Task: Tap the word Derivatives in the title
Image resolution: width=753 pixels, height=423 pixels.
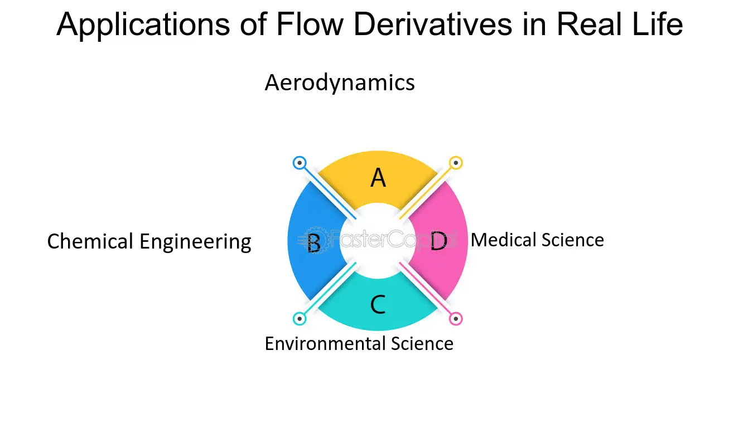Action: click(433, 24)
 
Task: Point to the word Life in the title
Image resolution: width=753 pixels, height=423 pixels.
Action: click(658, 24)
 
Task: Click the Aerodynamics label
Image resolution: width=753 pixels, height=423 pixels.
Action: click(340, 82)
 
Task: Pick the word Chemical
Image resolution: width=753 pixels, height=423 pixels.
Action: click(90, 241)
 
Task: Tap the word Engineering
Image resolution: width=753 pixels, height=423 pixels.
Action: click(195, 242)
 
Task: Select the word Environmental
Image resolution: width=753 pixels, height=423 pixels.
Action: click(325, 344)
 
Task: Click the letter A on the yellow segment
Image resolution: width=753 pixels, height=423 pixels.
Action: click(378, 178)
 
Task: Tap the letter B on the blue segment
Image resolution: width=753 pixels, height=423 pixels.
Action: click(314, 243)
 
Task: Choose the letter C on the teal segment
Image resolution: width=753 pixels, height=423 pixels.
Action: click(378, 304)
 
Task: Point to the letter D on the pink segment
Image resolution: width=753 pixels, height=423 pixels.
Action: click(438, 241)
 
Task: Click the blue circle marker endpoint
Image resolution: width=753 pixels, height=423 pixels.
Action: click(300, 163)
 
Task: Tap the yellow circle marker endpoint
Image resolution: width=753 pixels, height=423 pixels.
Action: click(456, 163)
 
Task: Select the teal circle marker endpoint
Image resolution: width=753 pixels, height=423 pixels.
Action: click(300, 319)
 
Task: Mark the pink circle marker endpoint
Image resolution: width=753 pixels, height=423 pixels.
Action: click(456, 319)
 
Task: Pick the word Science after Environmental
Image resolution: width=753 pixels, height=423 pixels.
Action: click(422, 344)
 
